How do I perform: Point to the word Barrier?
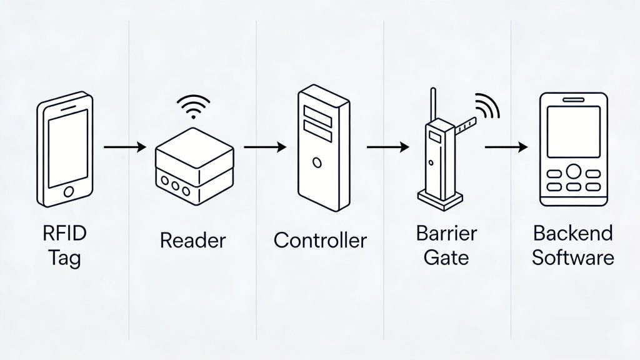tap(446, 234)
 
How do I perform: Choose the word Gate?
tap(446, 257)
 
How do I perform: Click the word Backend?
tap(573, 234)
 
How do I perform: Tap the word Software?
tap(573, 257)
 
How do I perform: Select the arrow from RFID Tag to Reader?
tap(124, 147)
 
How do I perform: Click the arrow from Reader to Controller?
tap(264, 147)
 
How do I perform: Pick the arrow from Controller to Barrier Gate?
tap(387, 147)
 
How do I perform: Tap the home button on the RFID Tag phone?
tap(69, 190)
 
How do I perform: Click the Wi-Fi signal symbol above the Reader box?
tap(193, 105)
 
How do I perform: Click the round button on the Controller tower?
tap(317, 163)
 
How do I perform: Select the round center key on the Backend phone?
tap(573, 171)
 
